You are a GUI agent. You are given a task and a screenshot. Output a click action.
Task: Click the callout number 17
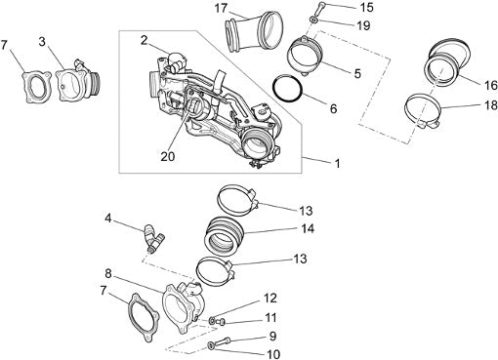[x=221, y=9]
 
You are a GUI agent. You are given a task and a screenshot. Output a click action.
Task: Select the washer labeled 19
[x=313, y=20]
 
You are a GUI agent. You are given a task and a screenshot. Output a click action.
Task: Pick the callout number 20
[x=168, y=156]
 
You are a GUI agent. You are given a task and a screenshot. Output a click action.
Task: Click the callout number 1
[x=338, y=163]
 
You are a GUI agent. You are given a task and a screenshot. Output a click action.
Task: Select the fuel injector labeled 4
[x=153, y=239]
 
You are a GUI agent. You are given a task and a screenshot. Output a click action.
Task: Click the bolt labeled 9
[x=223, y=341]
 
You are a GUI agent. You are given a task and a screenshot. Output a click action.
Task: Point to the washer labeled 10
[x=211, y=345]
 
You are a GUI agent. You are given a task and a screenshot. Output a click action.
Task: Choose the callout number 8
[x=108, y=274]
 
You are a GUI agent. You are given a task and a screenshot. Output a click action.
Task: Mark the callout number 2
[x=145, y=40]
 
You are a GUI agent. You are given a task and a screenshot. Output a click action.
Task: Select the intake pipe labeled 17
[x=253, y=31]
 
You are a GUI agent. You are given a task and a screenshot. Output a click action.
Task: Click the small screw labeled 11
[x=221, y=322]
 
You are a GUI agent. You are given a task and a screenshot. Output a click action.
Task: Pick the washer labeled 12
[x=213, y=320]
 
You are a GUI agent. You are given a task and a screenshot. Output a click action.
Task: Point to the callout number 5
[x=357, y=74]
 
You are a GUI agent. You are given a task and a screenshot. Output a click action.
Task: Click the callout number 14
[x=308, y=228]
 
